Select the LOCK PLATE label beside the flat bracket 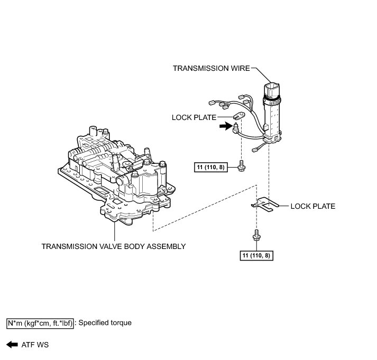point(312,206)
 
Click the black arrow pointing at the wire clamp point(226,126)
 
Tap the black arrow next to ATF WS point(11,345)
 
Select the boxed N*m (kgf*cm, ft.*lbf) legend point(40,322)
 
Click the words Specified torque point(105,322)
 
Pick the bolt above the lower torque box point(256,236)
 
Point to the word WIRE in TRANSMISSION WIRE point(239,68)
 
